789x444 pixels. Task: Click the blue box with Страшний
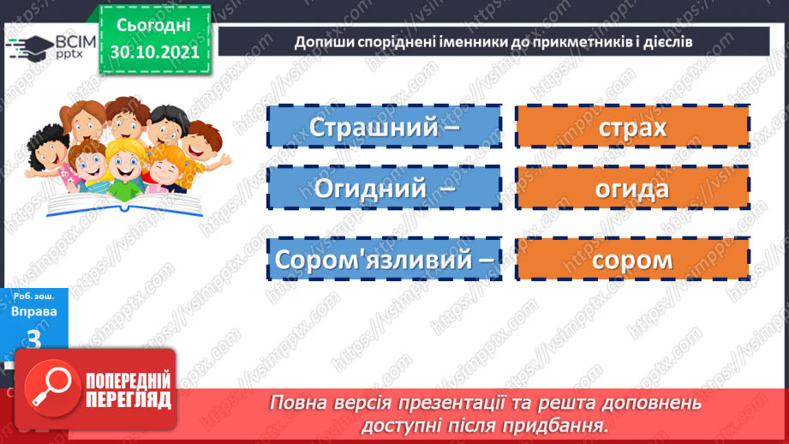pos(384,127)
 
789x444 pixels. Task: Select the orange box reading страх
pos(632,127)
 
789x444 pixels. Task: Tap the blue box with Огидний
pos(384,189)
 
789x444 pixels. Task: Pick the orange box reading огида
pos(632,189)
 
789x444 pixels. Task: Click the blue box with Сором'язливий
pos(384,259)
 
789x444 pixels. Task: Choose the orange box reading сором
pos(632,259)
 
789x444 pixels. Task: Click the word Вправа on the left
pos(35,311)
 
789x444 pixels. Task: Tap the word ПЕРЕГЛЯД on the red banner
pos(129,399)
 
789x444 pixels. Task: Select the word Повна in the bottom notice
pos(300,403)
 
